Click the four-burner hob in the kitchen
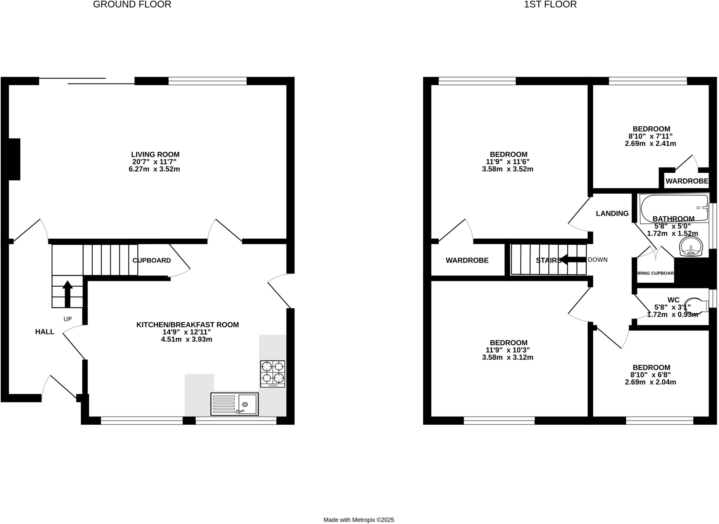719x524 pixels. coord(272,373)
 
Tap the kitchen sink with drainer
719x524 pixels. coord(235,404)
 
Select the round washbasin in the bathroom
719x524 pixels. coord(691,246)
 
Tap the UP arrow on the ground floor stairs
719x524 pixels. coord(67,294)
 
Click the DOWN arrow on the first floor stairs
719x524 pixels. coord(573,260)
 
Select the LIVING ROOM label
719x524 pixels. coord(155,154)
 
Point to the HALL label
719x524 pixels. coord(45,332)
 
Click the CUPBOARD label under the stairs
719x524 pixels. coord(152,260)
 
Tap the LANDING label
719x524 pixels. coord(612,213)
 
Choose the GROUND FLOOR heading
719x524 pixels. coord(132,5)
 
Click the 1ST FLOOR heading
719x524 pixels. coord(550,5)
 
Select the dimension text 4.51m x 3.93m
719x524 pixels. coord(187,339)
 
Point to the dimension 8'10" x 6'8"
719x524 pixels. coord(651,375)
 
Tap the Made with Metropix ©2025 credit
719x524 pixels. coord(359,520)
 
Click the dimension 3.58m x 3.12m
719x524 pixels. coord(508,358)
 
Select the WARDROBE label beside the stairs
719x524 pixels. coord(467,260)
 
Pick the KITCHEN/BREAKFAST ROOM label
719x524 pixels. coord(187,325)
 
